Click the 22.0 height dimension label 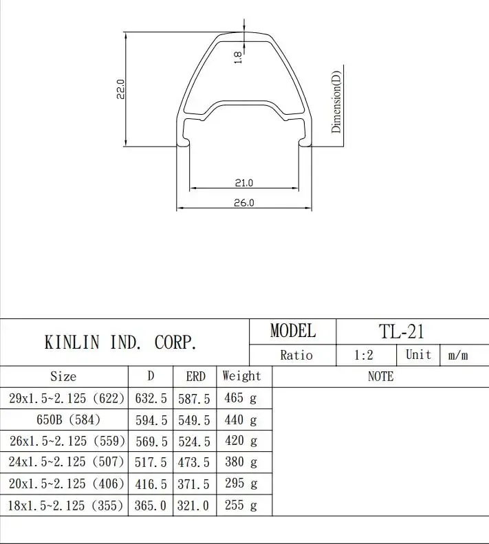point(120,89)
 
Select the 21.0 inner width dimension point(244,183)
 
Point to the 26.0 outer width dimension point(244,203)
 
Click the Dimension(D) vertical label point(336,103)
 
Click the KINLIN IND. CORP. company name point(120,342)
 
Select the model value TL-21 point(402,331)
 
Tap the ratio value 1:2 point(365,355)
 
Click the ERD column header point(196,376)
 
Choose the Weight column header point(241,376)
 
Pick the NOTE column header point(380,376)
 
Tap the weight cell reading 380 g point(241,462)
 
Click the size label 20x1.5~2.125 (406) point(66,483)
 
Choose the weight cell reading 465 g point(241,398)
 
